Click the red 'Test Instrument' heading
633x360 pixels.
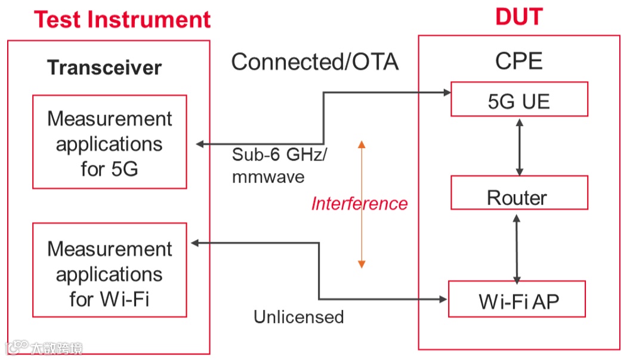122,19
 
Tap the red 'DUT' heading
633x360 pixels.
519,17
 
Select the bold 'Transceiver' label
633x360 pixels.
104,67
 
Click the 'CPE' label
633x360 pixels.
519,61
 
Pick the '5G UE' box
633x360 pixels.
519,99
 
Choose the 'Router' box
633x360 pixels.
519,192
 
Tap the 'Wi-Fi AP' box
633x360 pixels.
517,299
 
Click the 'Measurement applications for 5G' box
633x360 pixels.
110,142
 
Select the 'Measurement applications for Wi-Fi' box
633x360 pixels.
110,270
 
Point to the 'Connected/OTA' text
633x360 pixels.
315,62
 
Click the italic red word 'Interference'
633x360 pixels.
359,203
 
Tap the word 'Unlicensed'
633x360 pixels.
299,317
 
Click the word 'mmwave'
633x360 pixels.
268,177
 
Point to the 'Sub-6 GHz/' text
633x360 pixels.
279,155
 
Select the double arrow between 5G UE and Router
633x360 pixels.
520,147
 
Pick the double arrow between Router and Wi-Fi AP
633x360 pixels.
517,249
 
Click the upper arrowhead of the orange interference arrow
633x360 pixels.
362,144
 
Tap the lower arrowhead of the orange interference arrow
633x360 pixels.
362,264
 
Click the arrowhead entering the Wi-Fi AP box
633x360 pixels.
443,299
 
